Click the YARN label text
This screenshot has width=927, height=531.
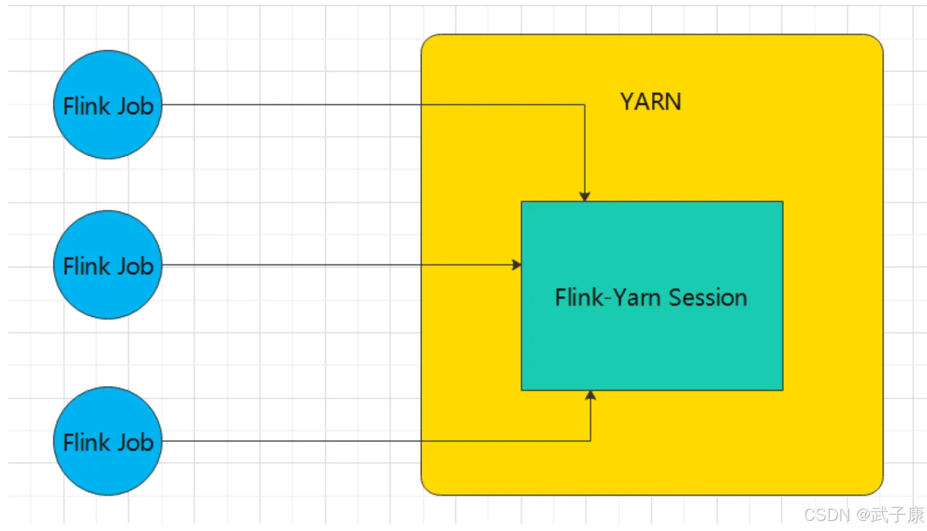651,102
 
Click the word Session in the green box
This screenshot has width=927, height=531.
708,298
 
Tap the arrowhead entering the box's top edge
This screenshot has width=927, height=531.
585,196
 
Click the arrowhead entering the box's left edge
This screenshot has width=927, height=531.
517,265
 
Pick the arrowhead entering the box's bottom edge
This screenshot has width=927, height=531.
590,395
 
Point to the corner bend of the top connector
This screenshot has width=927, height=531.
585,105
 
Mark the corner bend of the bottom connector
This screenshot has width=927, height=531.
590,441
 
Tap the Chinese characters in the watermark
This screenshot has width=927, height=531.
897,515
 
